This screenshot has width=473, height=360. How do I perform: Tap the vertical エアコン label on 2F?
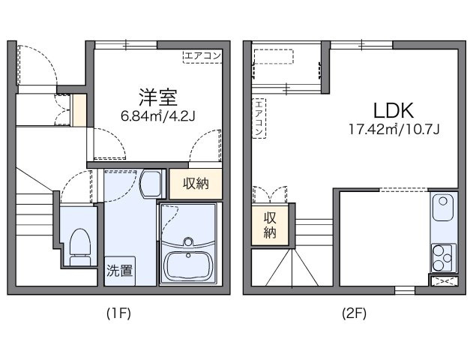coord(259,118)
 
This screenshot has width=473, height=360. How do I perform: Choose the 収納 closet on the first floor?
coord(196,184)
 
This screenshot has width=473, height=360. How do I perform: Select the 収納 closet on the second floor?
coord(270,224)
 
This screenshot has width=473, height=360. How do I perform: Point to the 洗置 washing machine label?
coord(119,270)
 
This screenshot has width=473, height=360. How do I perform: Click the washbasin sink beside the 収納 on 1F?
coord(151,182)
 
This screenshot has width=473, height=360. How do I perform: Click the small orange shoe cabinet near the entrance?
coord(79,109)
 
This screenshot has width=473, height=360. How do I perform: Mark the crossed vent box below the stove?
coord(442,282)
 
